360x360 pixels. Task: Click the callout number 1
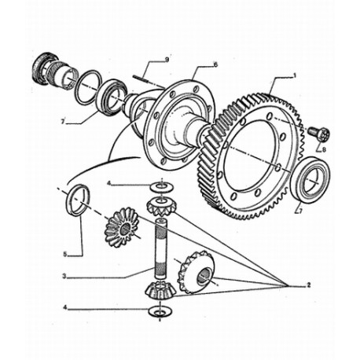click(x=294, y=75)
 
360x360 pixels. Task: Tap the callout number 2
click(x=309, y=285)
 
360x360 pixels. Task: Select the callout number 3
click(x=64, y=276)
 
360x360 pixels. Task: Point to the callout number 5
click(x=65, y=254)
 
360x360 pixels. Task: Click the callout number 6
click(x=215, y=64)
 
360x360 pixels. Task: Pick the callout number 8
click(x=324, y=150)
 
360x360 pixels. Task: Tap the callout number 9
click(x=167, y=60)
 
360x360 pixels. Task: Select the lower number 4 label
click(x=65, y=307)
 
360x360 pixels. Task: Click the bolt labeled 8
click(x=318, y=133)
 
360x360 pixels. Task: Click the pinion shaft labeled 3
click(x=161, y=248)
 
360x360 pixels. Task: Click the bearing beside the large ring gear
click(x=310, y=179)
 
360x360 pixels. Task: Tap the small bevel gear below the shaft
click(x=159, y=290)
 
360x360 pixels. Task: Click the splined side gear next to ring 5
click(x=122, y=227)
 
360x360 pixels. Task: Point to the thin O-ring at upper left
click(x=88, y=87)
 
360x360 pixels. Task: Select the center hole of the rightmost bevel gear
click(x=204, y=277)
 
